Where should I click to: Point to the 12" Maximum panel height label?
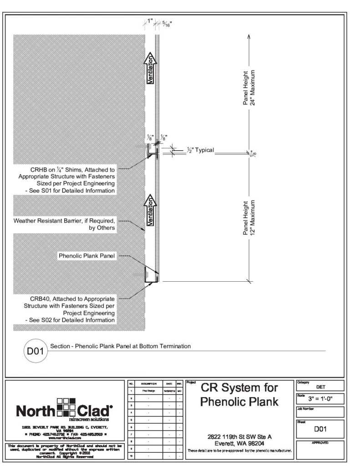click(x=249, y=218)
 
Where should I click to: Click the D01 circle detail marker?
click(x=34, y=350)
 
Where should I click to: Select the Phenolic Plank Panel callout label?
click(x=87, y=256)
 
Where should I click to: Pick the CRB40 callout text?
click(x=69, y=309)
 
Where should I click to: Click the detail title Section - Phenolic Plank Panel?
click(x=120, y=346)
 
